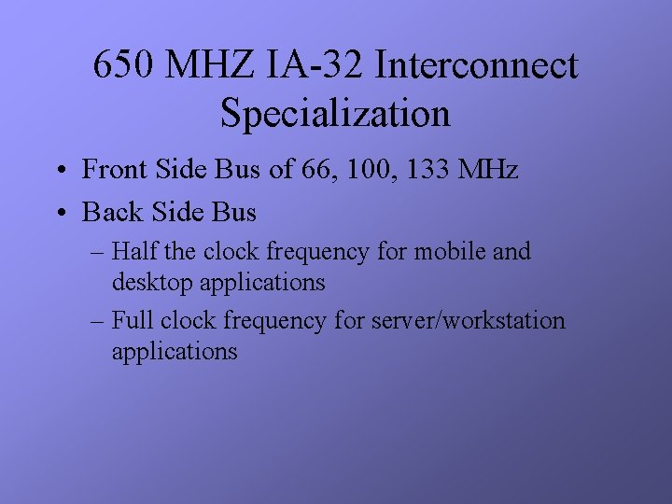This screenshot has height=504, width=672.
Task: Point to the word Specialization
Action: tap(336, 114)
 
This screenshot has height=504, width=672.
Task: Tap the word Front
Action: tap(111, 170)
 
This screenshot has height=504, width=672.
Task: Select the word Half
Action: tap(134, 252)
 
